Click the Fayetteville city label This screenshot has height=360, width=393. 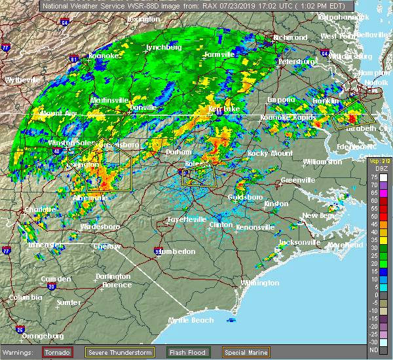click(x=186, y=219)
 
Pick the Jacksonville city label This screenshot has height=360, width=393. click(x=299, y=242)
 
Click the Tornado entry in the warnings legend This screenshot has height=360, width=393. click(x=58, y=352)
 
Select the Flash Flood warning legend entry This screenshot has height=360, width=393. click(x=188, y=352)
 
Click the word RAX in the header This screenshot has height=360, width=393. click(x=190, y=5)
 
